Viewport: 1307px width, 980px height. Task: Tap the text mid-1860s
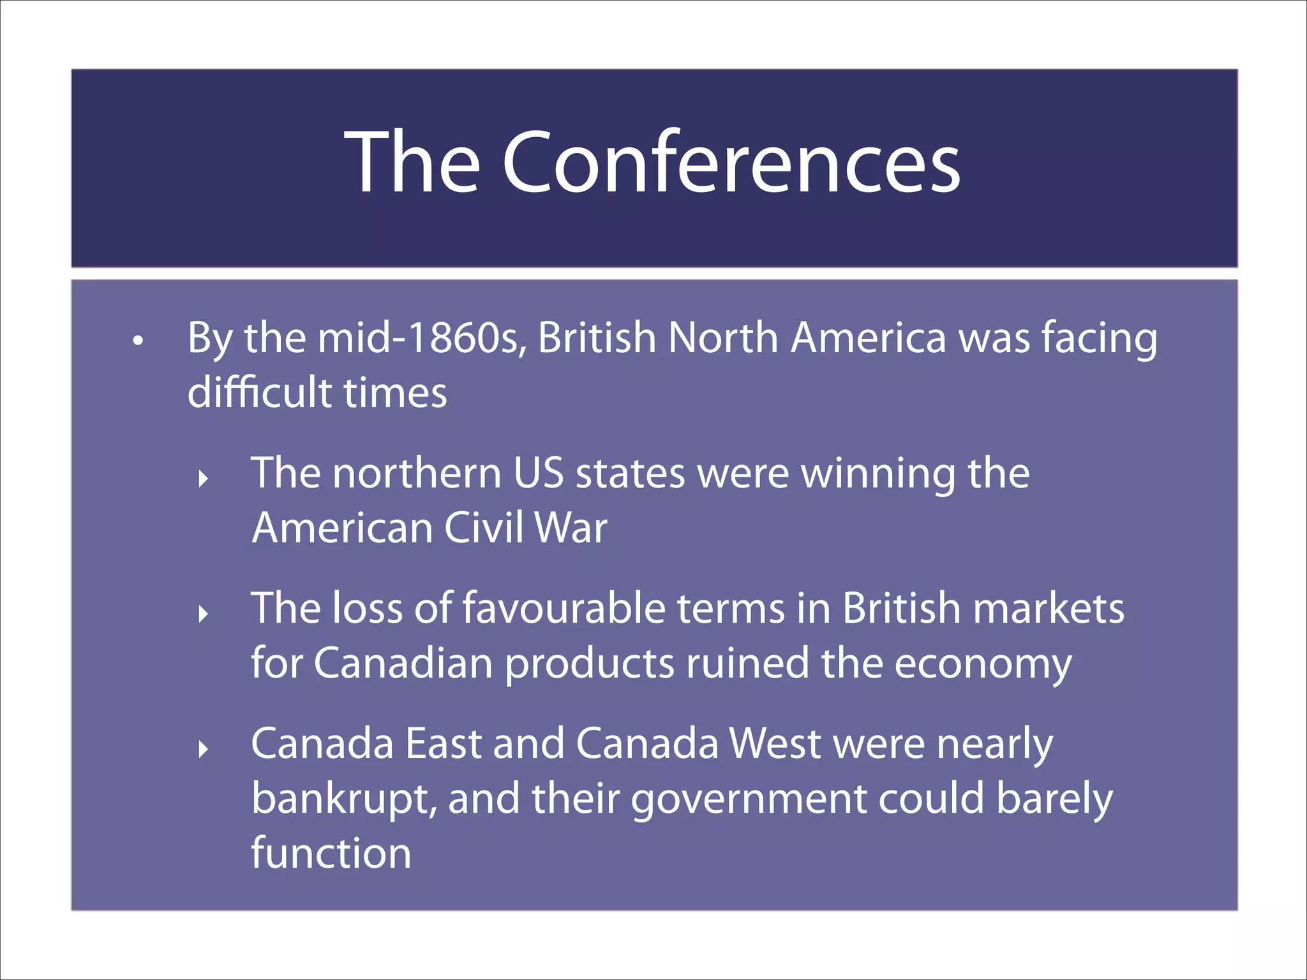pos(422,338)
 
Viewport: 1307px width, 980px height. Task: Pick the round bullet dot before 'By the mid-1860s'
pos(137,341)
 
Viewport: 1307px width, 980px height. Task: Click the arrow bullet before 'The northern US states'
pos(203,478)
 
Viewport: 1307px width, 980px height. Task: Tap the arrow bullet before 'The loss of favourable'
pos(203,614)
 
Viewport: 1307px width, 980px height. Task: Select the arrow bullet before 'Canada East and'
pos(203,748)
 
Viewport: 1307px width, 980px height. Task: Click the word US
pos(538,473)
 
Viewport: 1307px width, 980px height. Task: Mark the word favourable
pos(563,609)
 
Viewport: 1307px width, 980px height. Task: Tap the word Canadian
pos(403,664)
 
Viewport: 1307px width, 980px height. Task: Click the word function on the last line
pos(331,854)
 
